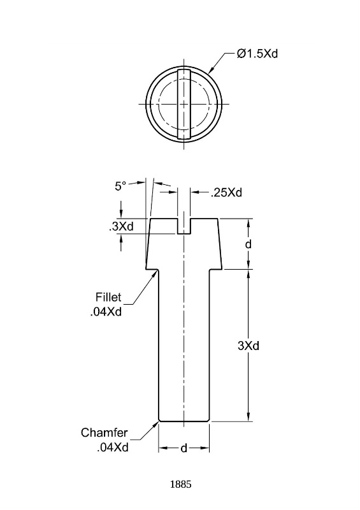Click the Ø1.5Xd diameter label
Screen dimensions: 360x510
pyautogui.click(x=257, y=54)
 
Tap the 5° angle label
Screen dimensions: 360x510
pyautogui.click(x=120, y=186)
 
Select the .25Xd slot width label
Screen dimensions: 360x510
pyautogui.click(x=226, y=193)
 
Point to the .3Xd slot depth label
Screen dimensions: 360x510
pyautogui.click(x=121, y=226)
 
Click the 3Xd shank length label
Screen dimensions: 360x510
pyautogui.click(x=248, y=346)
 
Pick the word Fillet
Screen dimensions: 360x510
pyautogui.click(x=108, y=297)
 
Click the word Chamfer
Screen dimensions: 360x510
pyautogui.click(x=104, y=433)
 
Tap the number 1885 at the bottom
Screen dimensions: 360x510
pyautogui.click(x=181, y=484)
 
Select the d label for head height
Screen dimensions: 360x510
pyautogui.click(x=248, y=244)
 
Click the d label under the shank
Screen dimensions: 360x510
pyautogui.click(x=184, y=448)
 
